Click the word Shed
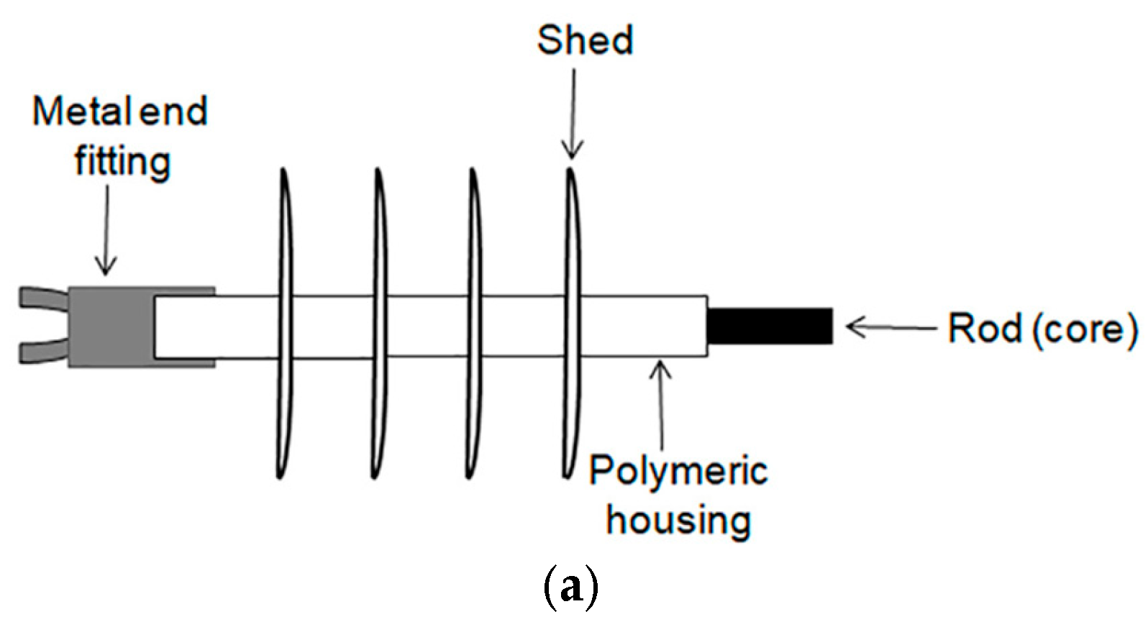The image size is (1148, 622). tap(585, 40)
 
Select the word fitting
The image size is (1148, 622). tap(122, 162)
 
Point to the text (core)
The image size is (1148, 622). tap(1085, 329)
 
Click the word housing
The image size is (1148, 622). tap(678, 520)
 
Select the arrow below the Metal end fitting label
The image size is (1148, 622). tap(106, 230)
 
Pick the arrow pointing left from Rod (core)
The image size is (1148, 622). tap(892, 328)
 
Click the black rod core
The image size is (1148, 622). tap(770, 326)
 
